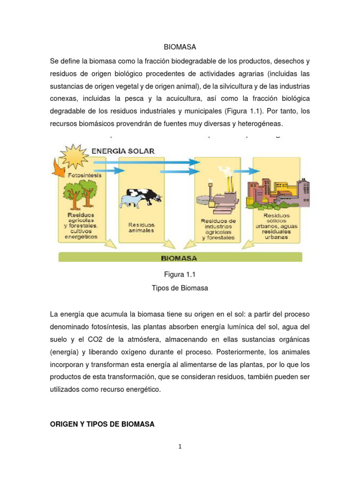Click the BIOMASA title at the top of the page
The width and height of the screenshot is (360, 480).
tap(180, 47)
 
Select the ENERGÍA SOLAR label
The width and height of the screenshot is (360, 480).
tap(123, 150)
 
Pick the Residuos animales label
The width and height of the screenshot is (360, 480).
tap(141, 228)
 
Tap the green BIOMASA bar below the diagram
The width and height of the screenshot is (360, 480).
tap(180, 257)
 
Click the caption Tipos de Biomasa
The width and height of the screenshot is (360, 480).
tap(180, 288)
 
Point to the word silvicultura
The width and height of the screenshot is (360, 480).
tap(233, 87)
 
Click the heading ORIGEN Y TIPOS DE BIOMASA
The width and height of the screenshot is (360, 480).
tap(102, 424)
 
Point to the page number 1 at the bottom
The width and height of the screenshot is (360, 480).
tap(180, 447)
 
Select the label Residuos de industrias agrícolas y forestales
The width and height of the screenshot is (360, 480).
tap(218, 229)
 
